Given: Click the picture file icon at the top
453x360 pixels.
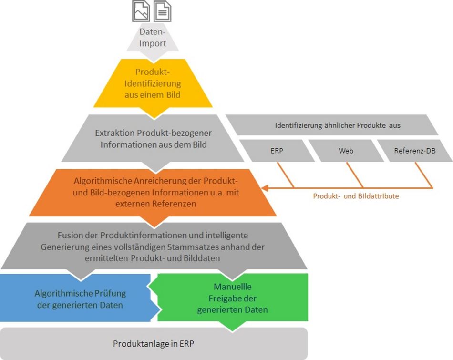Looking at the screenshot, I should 141,11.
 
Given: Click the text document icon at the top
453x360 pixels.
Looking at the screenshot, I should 162,11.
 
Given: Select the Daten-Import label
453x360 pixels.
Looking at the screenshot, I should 153,38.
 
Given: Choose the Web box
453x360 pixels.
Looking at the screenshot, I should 346,151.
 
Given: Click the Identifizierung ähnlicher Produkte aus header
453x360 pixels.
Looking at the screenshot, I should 338,126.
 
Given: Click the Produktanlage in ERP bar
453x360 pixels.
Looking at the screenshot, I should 154,343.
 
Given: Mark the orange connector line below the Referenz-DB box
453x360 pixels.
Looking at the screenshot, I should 423,174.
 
